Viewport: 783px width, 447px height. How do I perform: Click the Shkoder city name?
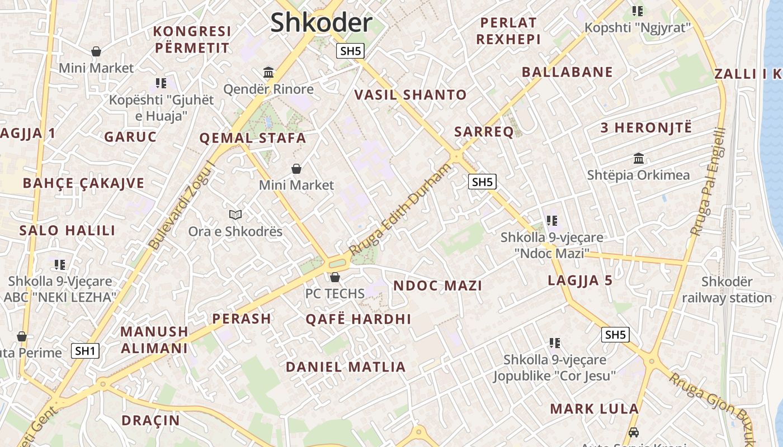click(x=321, y=22)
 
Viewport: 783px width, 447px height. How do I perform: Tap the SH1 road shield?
click(x=85, y=351)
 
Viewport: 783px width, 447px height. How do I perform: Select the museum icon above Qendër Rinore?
click(x=268, y=72)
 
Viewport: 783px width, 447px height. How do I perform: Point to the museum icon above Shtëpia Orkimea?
click(x=638, y=158)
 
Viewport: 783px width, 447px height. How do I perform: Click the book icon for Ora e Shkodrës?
click(x=235, y=215)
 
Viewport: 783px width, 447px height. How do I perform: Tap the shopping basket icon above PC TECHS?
click(x=334, y=277)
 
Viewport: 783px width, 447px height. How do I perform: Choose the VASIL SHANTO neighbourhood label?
click(x=411, y=95)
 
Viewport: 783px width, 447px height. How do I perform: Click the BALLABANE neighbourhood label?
click(x=567, y=72)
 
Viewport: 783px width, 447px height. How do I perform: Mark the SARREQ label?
click(x=484, y=132)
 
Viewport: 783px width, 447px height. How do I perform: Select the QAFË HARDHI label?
click(x=358, y=320)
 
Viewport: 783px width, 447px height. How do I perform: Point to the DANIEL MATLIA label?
click(x=345, y=367)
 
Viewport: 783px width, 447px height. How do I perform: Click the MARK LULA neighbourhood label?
click(x=594, y=408)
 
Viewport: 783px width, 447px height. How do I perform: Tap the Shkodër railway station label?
click(x=727, y=289)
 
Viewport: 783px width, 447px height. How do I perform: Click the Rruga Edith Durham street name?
click(x=399, y=210)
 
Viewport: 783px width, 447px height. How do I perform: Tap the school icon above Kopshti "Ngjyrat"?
click(x=637, y=11)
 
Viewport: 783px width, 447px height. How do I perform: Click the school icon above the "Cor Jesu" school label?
click(x=554, y=343)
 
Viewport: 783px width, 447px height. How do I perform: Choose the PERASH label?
click(x=241, y=319)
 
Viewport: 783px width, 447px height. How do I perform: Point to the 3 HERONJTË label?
click(x=645, y=127)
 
